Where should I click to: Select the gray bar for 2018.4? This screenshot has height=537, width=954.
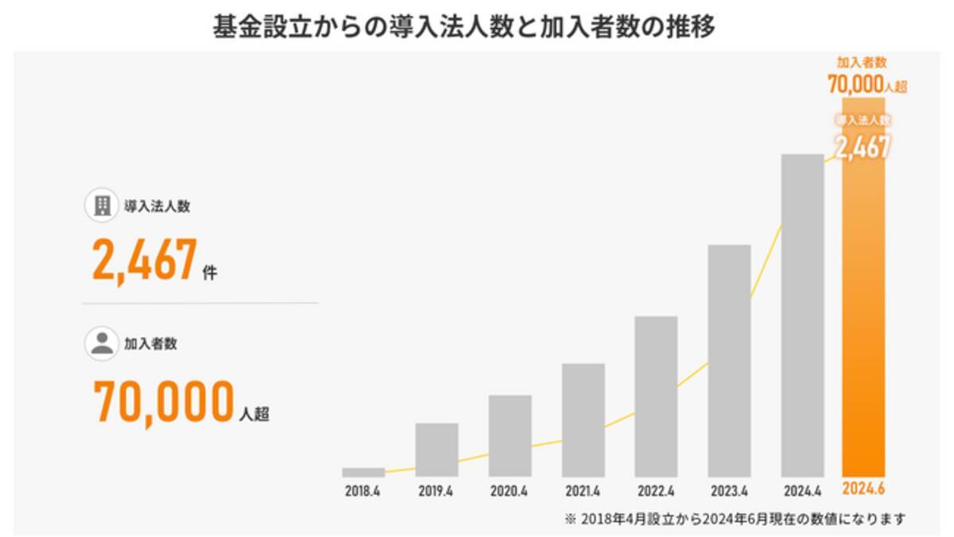[363, 472]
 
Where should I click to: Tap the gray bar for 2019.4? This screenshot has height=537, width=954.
[436, 450]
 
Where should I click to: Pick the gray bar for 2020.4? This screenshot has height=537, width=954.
[510, 435]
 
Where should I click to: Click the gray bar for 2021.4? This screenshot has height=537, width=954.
[583, 419]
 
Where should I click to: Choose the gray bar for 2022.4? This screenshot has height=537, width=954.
[656, 396]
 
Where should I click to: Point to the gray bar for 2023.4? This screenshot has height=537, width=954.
[729, 360]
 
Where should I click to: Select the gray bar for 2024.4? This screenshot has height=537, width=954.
[802, 315]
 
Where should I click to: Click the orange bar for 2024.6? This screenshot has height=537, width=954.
[863, 318]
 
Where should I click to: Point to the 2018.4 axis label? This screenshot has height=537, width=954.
[363, 491]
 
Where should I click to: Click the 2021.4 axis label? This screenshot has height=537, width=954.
[583, 491]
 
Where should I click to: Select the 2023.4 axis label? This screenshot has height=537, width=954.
[729, 491]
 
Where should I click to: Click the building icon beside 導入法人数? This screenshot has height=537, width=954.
[101, 207]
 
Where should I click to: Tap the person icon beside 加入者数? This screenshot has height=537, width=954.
[101, 344]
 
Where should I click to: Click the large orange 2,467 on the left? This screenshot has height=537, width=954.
[144, 261]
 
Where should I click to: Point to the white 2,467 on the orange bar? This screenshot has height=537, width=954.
[863, 146]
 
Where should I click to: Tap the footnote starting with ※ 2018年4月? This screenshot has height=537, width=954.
[735, 519]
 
